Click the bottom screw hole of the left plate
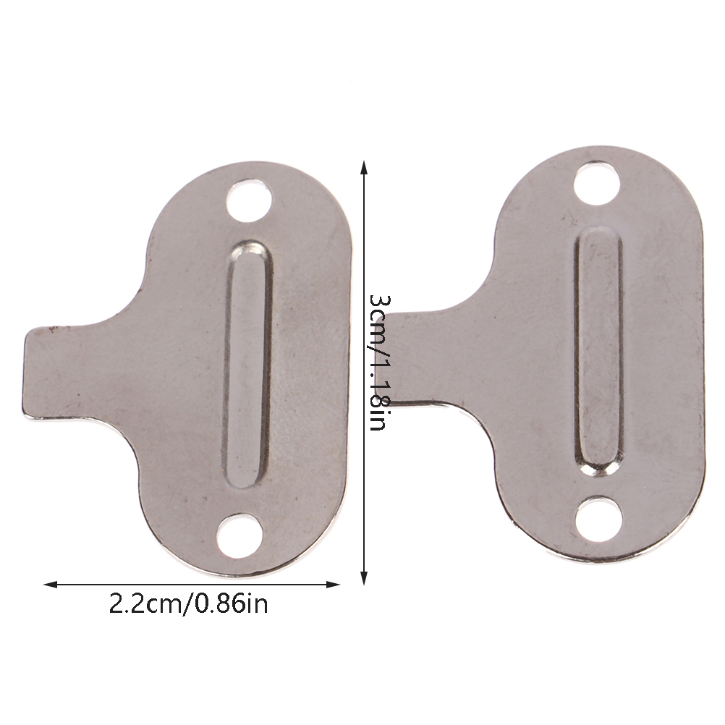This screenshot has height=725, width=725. click(x=240, y=535)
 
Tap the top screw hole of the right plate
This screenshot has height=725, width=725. click(x=597, y=183)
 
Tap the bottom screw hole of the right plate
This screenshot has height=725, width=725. click(x=600, y=518)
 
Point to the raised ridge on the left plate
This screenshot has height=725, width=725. click(x=247, y=364)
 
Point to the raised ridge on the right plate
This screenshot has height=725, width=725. click(x=599, y=352)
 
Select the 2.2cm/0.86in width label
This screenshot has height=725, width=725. click(x=189, y=603)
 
